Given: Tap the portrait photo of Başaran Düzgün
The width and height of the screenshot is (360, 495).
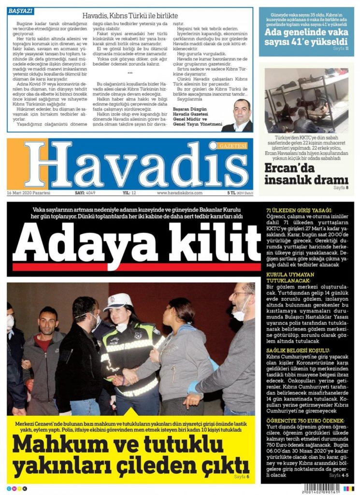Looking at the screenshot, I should [238, 116].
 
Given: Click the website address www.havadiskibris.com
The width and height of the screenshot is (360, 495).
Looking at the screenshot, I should [179, 192].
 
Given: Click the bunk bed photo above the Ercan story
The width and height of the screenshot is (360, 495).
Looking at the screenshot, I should [306, 100].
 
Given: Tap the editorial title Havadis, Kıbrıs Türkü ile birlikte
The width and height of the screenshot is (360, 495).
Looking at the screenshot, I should [130, 15].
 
